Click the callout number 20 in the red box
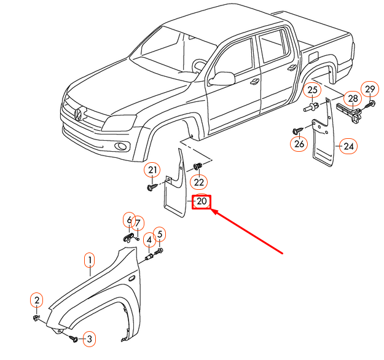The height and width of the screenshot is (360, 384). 202,202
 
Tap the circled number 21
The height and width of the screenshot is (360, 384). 152,170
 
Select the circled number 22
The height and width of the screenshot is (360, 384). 198,182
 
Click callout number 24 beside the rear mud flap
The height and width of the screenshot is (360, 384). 349,146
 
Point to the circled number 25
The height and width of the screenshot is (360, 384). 313,91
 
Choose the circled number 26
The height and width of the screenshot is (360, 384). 299,144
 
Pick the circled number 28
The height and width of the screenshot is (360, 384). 352,98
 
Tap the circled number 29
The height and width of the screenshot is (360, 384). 369,90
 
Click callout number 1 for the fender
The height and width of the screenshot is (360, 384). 90,261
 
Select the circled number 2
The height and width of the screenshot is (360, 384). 37,300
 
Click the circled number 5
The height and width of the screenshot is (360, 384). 160,233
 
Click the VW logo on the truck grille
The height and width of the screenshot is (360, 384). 79,114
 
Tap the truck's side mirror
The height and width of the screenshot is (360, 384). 224,78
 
